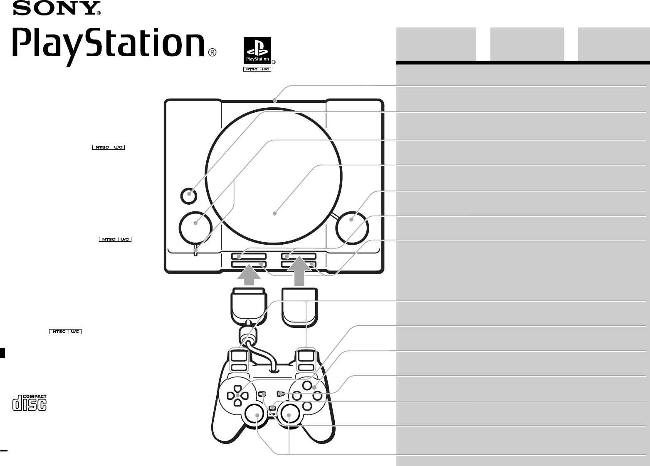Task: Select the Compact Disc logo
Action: tap(29, 402)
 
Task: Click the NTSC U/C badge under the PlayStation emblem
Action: tap(257, 69)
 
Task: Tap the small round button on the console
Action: tap(189, 194)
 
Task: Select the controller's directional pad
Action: tap(237, 395)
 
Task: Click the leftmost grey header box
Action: tap(435, 44)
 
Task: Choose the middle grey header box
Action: tap(526, 44)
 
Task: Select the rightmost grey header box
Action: tap(614, 44)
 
